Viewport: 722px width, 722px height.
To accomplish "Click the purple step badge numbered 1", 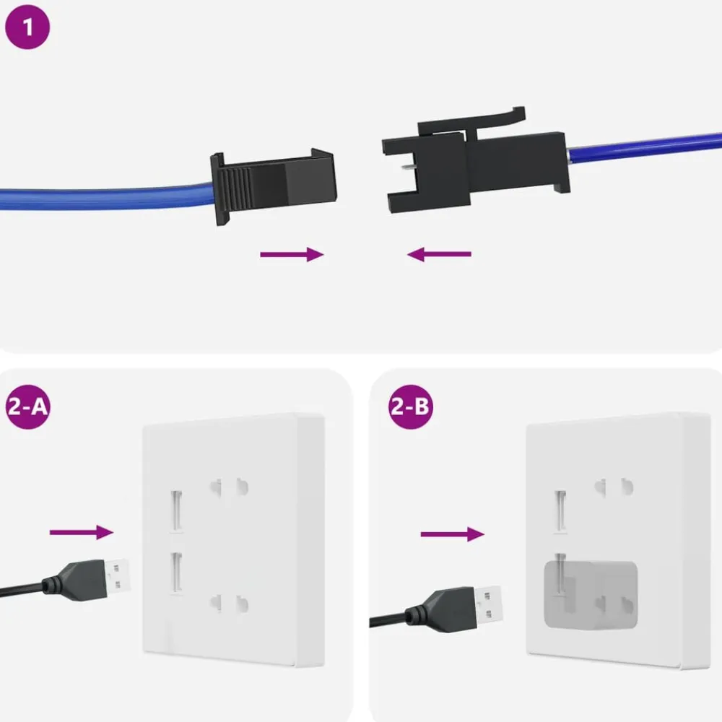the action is tap(27, 27).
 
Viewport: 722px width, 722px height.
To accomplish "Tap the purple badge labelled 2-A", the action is tap(27, 407).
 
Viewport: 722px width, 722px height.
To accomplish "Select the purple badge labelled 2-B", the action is tap(411, 407).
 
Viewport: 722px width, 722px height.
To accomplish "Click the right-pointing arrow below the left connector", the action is tap(292, 254).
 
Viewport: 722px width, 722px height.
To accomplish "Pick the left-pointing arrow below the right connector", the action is tap(439, 254).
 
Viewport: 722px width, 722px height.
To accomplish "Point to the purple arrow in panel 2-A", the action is tap(82, 532).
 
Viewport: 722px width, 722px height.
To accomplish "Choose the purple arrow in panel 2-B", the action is tap(453, 534).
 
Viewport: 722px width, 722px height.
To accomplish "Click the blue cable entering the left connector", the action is tap(107, 197).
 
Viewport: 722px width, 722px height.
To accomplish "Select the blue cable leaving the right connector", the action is tap(645, 147).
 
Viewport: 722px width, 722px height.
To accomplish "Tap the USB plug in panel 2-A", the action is tap(86, 579).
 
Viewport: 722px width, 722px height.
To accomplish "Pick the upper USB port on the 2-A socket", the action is tap(176, 511).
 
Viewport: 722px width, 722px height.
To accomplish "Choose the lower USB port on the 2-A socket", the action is tap(176, 573).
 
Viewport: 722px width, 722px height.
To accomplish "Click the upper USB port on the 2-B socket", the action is tap(560, 512).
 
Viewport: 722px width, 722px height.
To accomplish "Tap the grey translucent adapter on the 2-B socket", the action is tap(591, 596).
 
